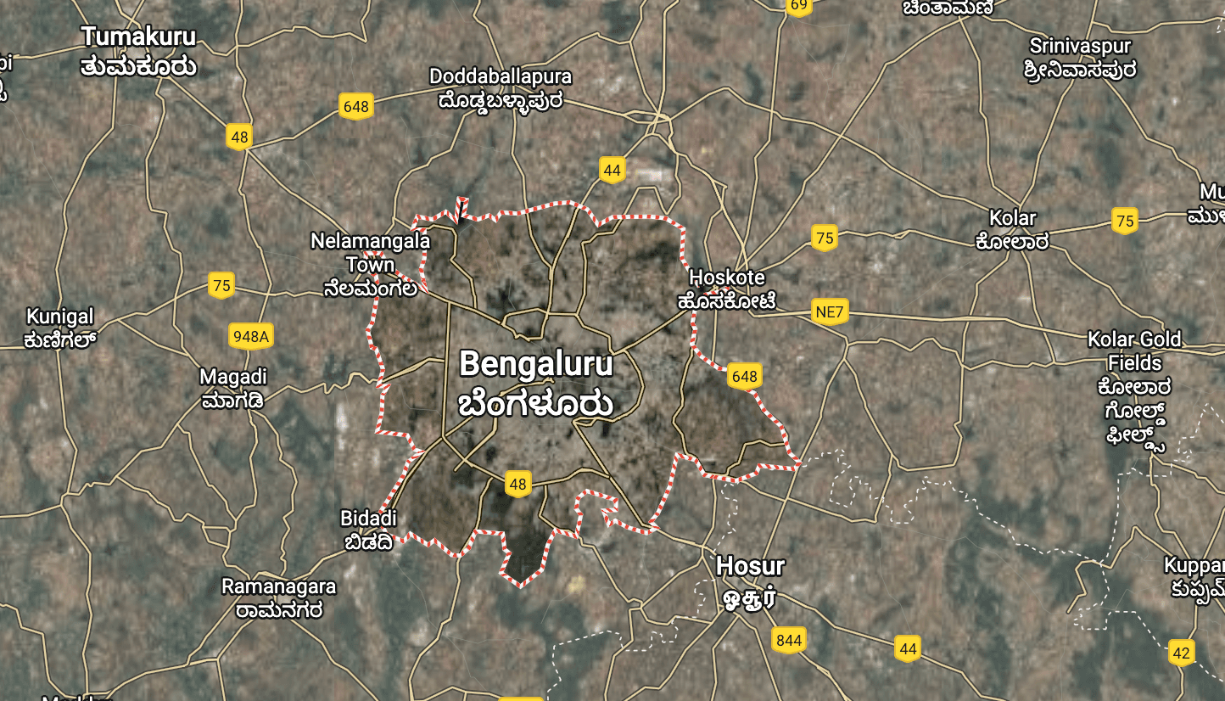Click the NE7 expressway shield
pyautogui.click(x=829, y=311)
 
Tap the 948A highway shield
pyautogui.click(x=251, y=337)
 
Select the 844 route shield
pyautogui.click(x=789, y=640)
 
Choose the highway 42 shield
pyautogui.click(x=1181, y=653)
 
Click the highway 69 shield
pyautogui.click(x=798, y=5)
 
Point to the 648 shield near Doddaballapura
pyautogui.click(x=356, y=106)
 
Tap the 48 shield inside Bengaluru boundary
pyautogui.click(x=517, y=485)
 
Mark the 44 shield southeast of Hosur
pyautogui.click(x=908, y=649)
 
